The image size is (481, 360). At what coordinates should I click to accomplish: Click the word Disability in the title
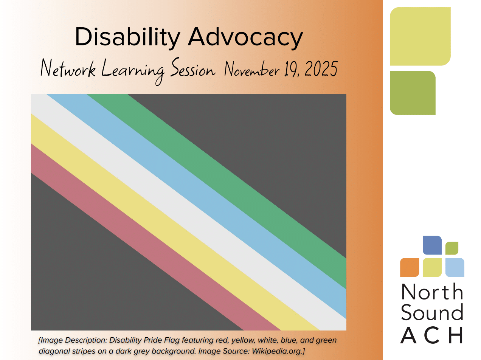[127, 38]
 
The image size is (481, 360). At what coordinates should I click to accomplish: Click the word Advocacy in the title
[245, 37]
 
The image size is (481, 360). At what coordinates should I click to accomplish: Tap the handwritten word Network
[68, 68]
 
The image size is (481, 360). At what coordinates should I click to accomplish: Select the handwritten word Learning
[133, 71]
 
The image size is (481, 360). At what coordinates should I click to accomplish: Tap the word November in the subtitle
[252, 69]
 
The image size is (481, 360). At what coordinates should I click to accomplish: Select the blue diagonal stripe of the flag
[197, 191]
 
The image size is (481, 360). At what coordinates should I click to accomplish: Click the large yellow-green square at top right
[420, 36]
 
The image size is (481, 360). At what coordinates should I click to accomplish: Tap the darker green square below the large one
[413, 93]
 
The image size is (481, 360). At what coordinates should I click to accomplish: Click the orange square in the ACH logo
[410, 267]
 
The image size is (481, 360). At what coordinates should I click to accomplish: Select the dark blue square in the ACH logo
[432, 245]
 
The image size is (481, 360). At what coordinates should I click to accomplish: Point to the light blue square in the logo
[455, 267]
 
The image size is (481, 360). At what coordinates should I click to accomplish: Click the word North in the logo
[432, 292]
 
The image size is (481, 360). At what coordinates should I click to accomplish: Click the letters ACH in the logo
[431, 335]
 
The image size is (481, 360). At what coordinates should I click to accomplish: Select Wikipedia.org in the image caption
[277, 351]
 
